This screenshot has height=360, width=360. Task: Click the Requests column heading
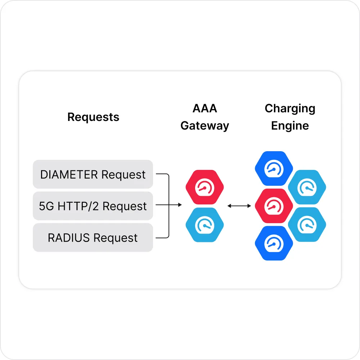93,117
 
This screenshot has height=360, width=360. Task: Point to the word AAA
205,109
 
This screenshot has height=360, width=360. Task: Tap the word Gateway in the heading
205,126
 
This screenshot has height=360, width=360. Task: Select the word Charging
290,109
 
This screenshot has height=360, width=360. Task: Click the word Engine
290,126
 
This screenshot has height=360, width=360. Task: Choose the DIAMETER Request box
93,174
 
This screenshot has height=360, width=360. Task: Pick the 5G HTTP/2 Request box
93,206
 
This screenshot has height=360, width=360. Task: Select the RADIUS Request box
93,238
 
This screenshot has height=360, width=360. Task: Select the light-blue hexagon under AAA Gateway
204,225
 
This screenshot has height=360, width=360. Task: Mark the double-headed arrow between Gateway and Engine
239,206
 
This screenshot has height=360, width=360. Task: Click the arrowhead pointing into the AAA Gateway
180,206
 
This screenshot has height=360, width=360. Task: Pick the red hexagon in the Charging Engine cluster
274,206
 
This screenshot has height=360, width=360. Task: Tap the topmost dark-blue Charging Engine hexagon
274,168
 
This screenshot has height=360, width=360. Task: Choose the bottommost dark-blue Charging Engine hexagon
274,243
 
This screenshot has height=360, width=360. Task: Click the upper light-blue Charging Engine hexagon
307,187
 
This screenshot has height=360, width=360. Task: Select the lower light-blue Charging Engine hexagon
307,225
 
